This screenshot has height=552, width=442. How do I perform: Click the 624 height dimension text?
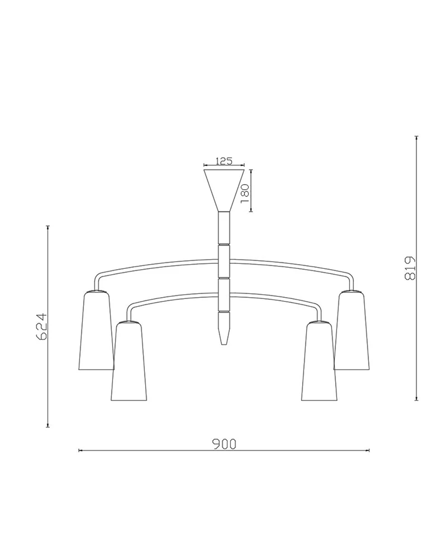coord(43,326)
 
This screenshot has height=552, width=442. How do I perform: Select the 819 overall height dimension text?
coord(410,268)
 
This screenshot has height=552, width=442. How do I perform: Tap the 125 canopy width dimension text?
coord(224,161)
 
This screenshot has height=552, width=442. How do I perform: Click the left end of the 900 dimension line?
coord(79,450)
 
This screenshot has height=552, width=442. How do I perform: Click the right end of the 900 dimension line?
coord(369,450)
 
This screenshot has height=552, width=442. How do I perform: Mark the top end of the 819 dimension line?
coord(417,137)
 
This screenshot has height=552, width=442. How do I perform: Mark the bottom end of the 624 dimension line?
coord(48,427)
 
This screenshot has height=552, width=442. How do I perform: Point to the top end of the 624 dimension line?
coord(48,226)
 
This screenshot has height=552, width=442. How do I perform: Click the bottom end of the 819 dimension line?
coord(417,400)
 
